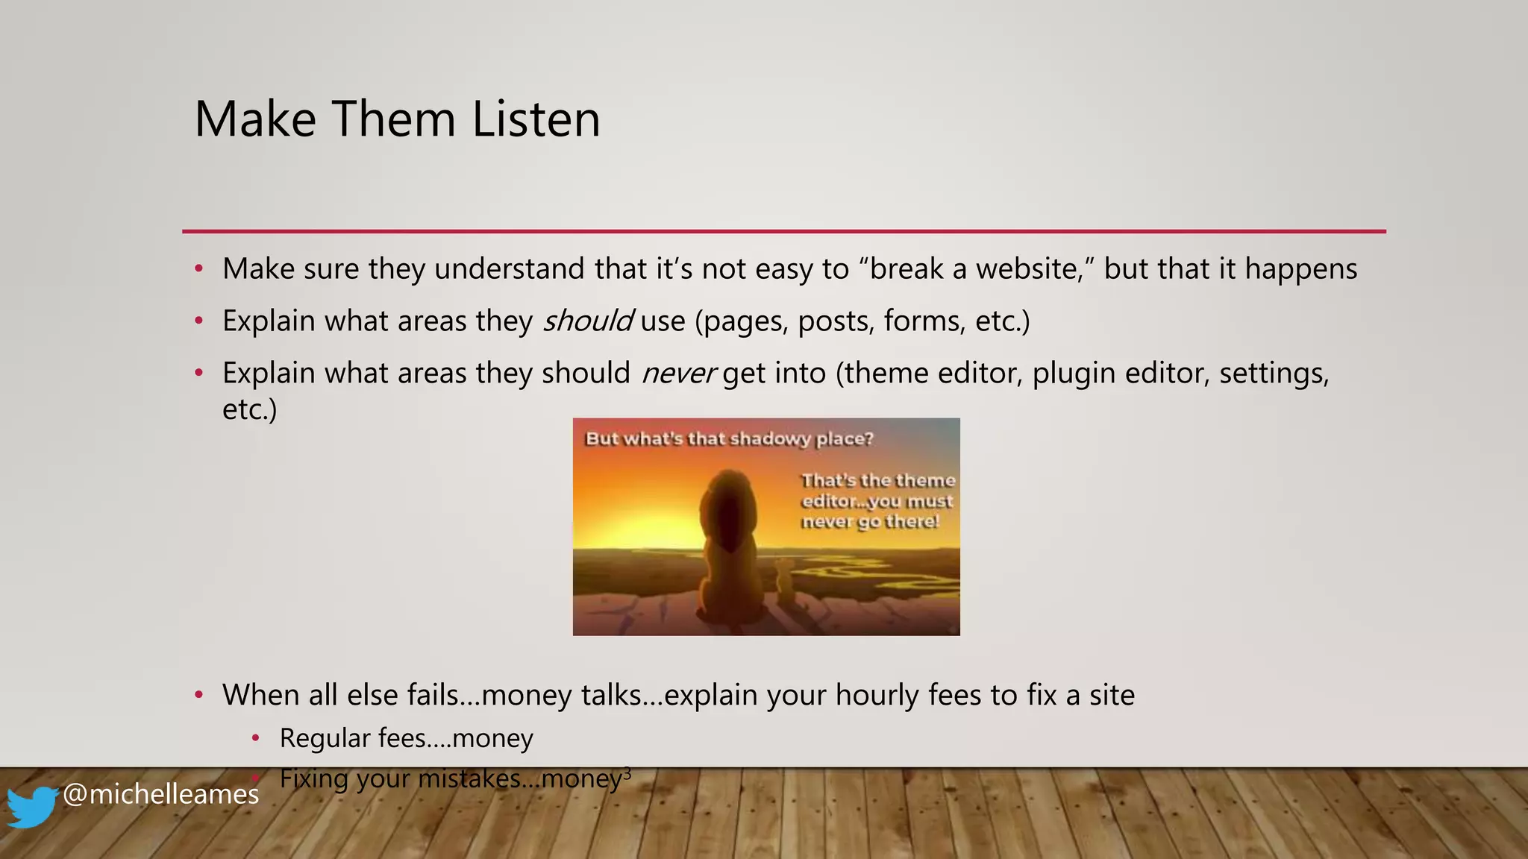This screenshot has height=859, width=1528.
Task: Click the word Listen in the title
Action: [x=536, y=119]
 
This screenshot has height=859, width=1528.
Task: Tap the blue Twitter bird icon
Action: [x=31, y=806]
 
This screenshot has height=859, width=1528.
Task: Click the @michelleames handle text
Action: [x=160, y=794]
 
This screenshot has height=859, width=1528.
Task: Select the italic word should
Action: [x=587, y=321]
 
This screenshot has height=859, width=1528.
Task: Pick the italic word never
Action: [x=678, y=373]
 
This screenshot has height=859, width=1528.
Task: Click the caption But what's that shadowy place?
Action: [x=729, y=438]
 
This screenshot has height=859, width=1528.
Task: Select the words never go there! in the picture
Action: [x=870, y=522]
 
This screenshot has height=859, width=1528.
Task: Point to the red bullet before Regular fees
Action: [x=255, y=738]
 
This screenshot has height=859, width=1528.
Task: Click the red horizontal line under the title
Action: [x=783, y=231]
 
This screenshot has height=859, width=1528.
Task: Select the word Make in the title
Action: [x=255, y=119]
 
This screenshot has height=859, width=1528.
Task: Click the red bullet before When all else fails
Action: [x=198, y=695]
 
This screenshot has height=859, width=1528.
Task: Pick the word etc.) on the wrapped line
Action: [x=249, y=409]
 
